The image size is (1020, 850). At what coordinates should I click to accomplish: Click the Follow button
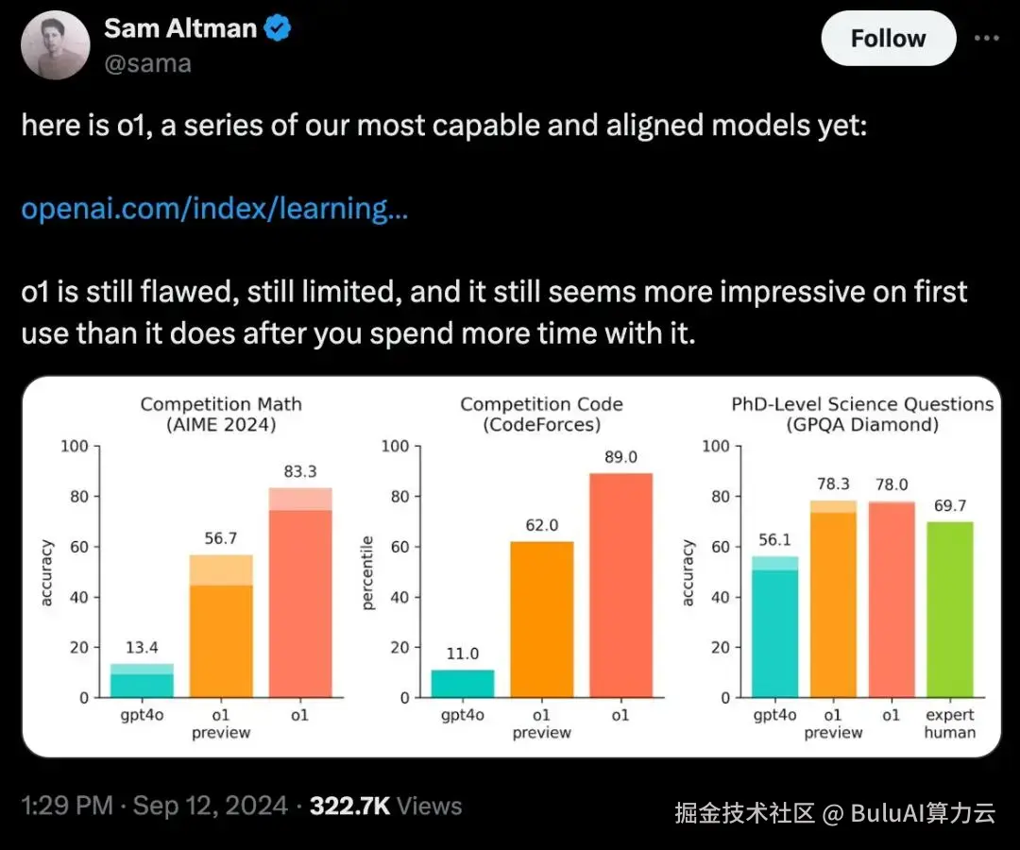pos(889,39)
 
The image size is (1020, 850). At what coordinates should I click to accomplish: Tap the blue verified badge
pos(279,28)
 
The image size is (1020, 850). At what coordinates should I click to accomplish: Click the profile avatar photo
pos(56,45)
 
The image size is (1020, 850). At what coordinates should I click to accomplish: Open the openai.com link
pos(214,209)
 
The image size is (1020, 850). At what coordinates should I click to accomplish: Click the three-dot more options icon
pos(986,39)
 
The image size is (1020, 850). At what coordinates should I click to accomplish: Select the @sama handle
pos(147,63)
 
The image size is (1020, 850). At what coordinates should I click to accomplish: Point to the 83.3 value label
pos(300,471)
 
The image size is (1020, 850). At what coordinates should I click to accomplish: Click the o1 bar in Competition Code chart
pos(620,586)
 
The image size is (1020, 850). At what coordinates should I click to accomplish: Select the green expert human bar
pos(950,609)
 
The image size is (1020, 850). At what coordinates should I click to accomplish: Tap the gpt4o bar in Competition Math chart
pos(142,680)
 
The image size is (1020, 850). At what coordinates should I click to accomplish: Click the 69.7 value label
pos(950,506)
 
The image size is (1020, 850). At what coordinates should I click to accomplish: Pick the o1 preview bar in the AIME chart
pos(221,626)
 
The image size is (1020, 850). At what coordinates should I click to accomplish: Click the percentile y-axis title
pos(367,573)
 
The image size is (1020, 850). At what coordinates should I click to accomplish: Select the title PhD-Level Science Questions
pos(862,404)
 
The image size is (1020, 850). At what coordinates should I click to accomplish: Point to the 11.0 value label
pos(463,654)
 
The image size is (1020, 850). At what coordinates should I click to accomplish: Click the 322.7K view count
pos(350,807)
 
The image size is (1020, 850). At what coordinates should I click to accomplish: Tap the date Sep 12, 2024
pos(210,807)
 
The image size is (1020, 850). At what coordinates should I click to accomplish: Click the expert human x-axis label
pos(950,723)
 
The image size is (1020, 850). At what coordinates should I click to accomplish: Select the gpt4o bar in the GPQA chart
pos(774,627)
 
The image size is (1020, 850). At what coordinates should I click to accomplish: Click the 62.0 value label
pos(542,525)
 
